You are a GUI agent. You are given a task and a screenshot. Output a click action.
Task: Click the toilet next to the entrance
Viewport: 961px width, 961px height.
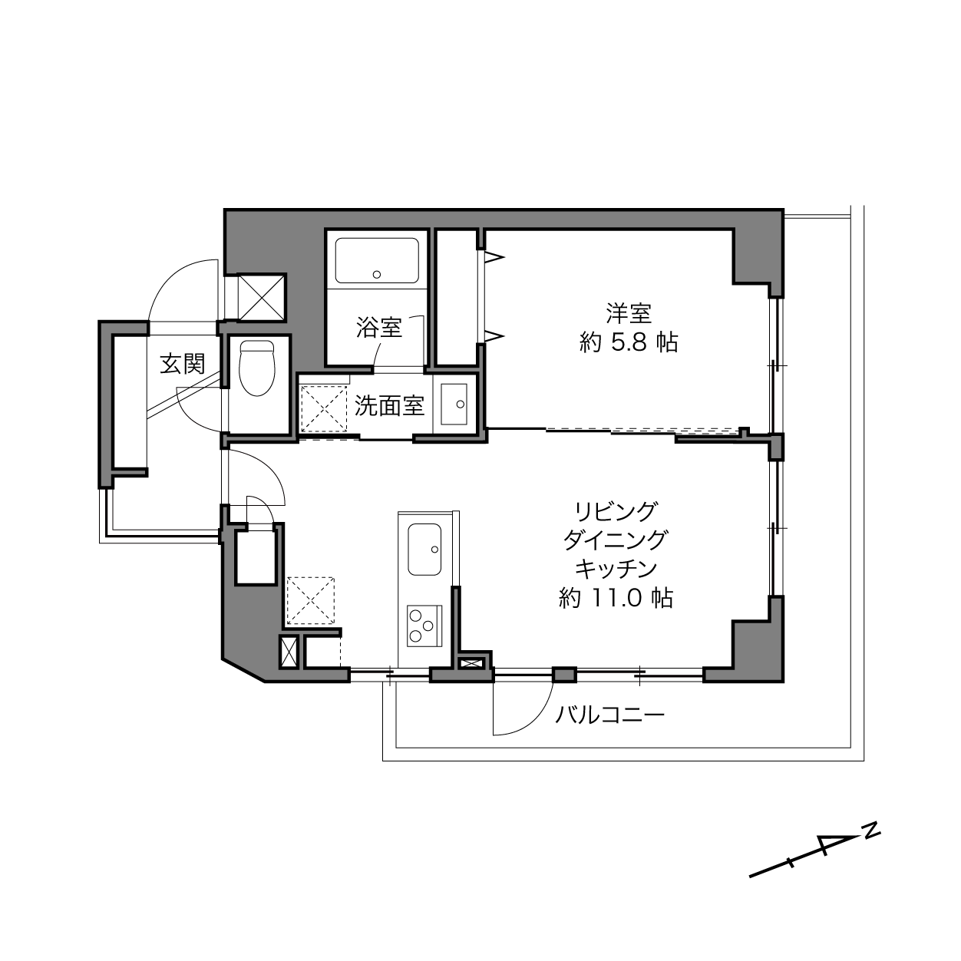tap(257, 368)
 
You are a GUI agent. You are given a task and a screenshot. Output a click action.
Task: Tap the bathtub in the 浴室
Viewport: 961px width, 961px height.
tap(377, 261)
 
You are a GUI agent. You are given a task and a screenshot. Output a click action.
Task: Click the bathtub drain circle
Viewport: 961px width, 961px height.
tap(377, 274)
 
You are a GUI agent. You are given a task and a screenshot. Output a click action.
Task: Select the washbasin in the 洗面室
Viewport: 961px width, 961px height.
tap(454, 404)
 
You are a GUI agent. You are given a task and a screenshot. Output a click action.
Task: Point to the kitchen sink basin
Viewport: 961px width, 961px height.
tap(424, 550)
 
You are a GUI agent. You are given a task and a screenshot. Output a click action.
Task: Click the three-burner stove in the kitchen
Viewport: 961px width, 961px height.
tap(424, 626)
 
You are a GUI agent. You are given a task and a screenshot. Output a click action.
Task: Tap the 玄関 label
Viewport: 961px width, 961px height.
tap(183, 364)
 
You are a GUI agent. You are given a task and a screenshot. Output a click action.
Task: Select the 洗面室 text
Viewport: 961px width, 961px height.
tap(389, 406)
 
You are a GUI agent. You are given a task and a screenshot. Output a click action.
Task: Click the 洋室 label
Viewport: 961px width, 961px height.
tap(629, 313)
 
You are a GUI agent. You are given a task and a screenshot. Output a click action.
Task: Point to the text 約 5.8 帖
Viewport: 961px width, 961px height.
tap(629, 342)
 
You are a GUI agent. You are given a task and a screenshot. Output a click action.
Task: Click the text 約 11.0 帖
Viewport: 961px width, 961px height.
tap(616, 597)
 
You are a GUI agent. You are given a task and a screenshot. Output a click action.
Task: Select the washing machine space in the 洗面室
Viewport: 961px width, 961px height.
tap(324, 409)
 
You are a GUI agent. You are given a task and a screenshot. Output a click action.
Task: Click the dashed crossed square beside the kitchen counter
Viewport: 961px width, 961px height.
tap(311, 600)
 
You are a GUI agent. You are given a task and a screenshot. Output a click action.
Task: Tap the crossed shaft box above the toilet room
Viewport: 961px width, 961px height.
tap(261, 297)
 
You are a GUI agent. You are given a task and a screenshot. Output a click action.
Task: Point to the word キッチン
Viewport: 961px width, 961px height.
tap(616, 568)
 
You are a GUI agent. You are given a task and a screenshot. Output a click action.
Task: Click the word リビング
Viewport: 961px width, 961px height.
tap(616, 512)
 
